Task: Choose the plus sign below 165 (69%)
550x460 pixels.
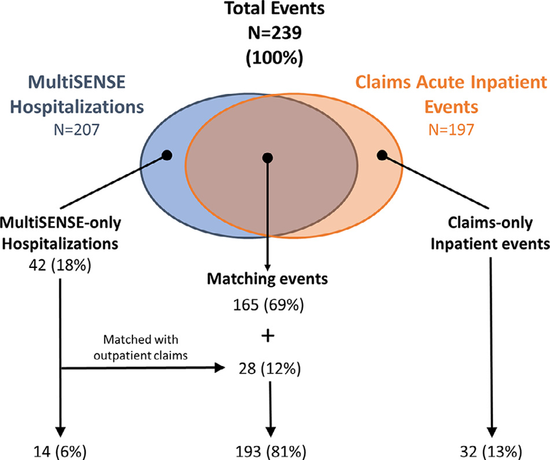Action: coord(268,335)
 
